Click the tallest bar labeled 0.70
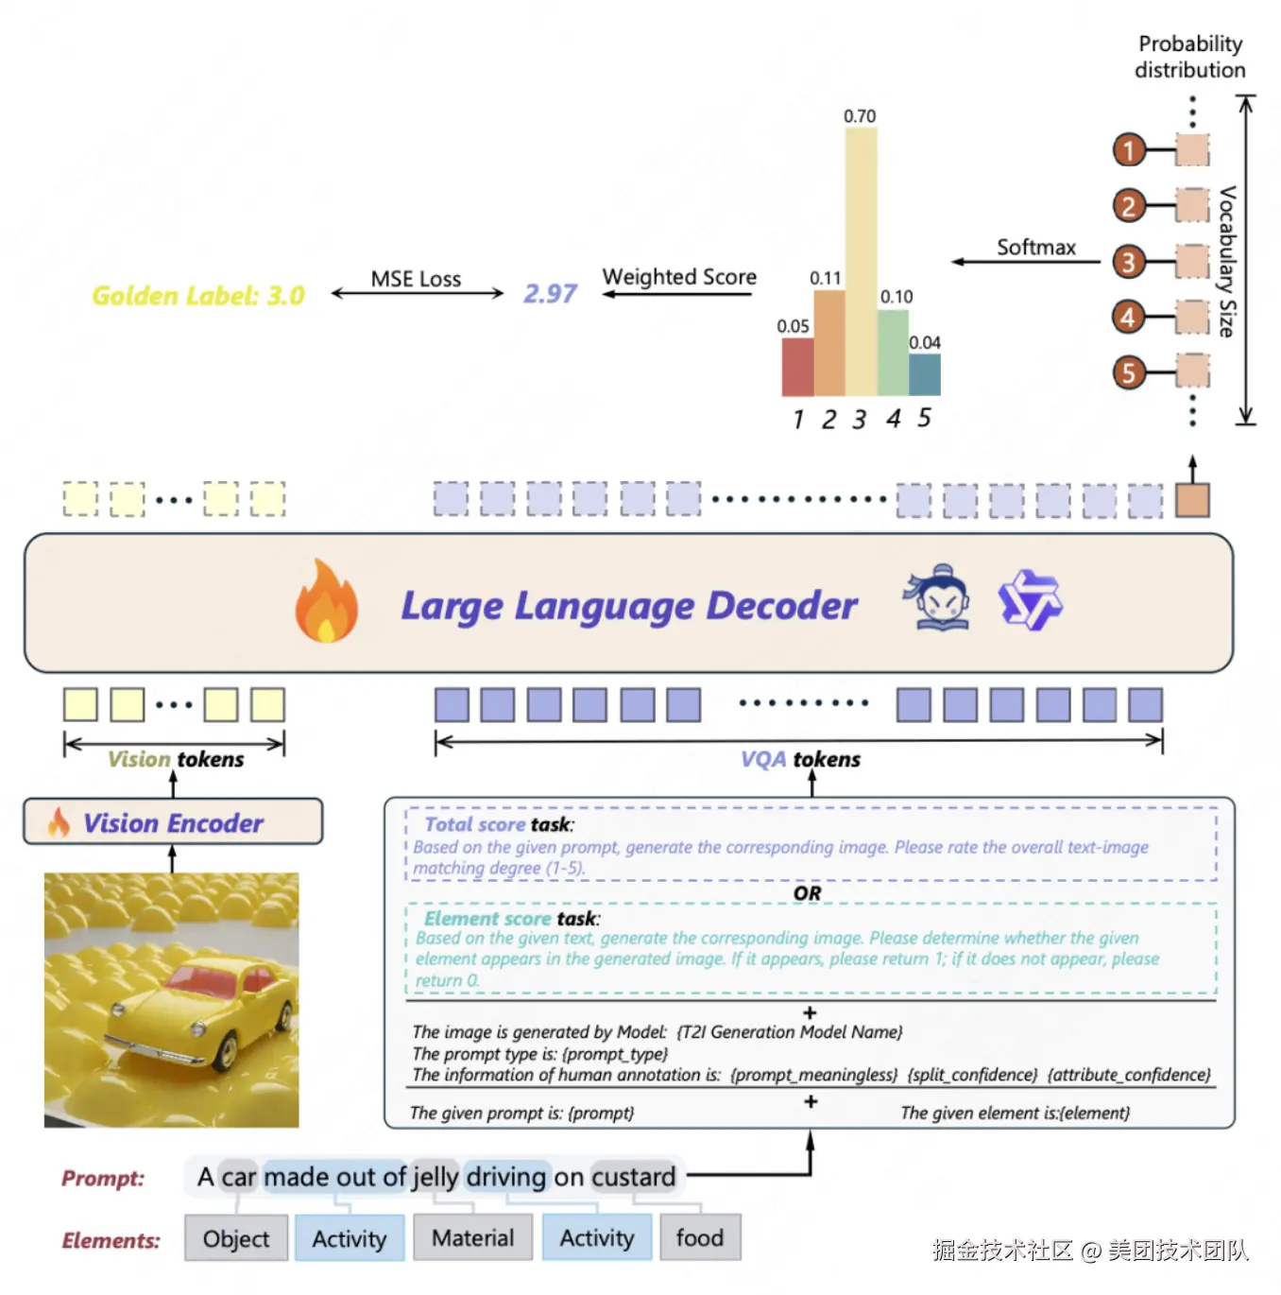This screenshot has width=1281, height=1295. [861, 261]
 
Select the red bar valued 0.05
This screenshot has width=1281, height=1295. [797, 366]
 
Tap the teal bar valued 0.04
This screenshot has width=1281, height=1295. [924, 374]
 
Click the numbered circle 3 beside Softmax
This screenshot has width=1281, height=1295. [1129, 262]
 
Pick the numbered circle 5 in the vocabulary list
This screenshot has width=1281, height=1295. [1129, 372]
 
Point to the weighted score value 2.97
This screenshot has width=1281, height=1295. [550, 293]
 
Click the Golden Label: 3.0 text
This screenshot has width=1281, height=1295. [198, 295]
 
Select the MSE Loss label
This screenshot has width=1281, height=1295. [416, 279]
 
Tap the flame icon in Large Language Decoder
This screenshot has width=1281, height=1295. [327, 601]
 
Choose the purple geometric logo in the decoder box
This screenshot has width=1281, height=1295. [1029, 599]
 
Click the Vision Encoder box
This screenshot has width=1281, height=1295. [173, 820]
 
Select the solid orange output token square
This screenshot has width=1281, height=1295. [1192, 500]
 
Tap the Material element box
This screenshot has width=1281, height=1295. [473, 1237]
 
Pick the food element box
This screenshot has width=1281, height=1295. [700, 1237]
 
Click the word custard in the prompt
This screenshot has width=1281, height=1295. [634, 1177]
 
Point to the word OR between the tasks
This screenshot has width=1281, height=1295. [807, 893]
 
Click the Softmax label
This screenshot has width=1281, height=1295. [1035, 248]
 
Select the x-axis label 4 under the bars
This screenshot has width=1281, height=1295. [893, 419]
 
